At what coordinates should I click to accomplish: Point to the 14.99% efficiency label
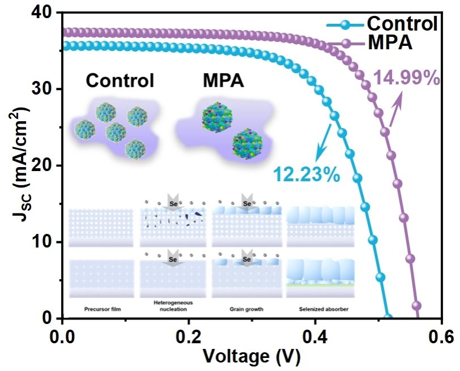(406, 78)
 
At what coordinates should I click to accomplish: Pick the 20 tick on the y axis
(42, 165)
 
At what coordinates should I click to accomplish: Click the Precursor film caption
(101, 309)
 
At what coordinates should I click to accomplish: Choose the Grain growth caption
(246, 309)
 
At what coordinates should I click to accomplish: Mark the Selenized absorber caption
(321, 309)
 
